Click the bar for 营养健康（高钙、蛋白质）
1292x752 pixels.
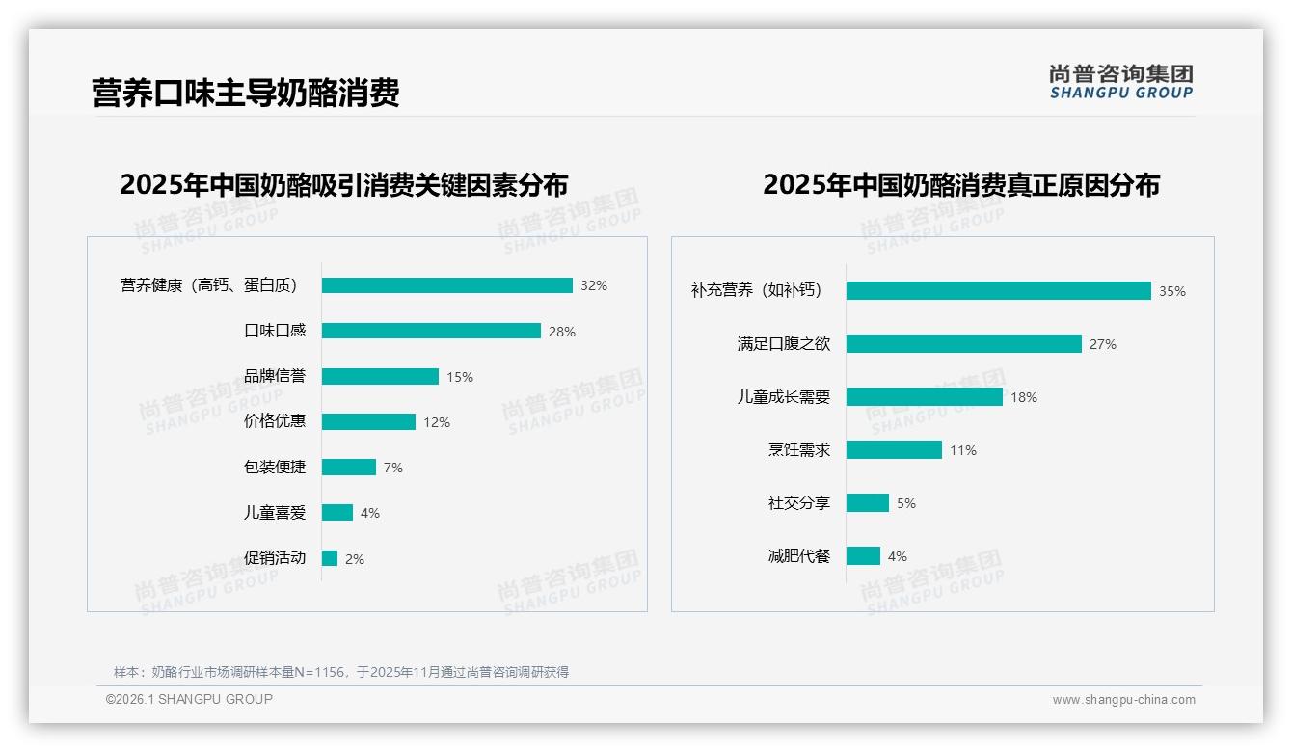tap(447, 285)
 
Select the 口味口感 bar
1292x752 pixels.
tap(431, 331)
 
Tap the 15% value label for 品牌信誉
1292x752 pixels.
tap(460, 377)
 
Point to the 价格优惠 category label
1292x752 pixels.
tap(275, 421)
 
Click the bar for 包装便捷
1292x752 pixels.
tap(349, 467)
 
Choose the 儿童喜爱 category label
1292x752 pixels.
tap(275, 513)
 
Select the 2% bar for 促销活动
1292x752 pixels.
tap(330, 558)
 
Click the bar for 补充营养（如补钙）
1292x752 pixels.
tap(999, 290)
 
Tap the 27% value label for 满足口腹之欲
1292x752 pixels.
tap(1103, 344)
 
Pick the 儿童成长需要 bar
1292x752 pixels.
tap(925, 396)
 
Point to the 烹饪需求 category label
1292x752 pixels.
tap(799, 450)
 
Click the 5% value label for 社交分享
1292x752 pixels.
tap(906, 503)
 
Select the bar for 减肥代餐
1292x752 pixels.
tap(864, 555)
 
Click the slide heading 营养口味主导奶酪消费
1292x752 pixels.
tap(246, 94)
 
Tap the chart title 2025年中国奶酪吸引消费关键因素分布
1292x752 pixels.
tap(344, 184)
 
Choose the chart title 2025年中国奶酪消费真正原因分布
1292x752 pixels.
tap(961, 184)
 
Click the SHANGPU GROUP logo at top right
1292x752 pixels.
tap(1121, 82)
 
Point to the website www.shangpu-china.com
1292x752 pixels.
tap(1123, 700)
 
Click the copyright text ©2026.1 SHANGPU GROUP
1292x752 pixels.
tap(189, 699)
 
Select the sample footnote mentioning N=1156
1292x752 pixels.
tap(341, 672)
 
